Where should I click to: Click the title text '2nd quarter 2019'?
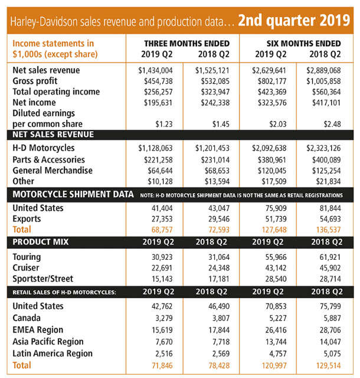point(294,21)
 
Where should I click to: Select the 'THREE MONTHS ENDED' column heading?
point(187,43)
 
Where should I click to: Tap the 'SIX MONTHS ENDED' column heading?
point(303,43)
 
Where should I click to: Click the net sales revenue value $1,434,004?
point(155,70)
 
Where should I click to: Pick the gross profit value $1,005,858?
point(323,82)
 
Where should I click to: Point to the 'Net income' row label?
point(34,102)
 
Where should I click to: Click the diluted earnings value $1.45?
point(221,124)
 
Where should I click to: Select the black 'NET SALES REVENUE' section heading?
point(53,135)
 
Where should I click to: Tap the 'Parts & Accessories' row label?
point(48,159)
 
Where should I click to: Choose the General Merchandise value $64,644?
point(161,171)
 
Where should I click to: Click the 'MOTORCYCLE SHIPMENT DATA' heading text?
point(73,194)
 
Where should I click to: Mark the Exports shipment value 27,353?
point(162,219)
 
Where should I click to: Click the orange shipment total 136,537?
point(329,230)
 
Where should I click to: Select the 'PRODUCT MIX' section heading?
point(41,242)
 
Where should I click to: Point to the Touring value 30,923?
point(162,258)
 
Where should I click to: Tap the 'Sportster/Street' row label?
point(42,279)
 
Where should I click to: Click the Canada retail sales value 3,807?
point(221,318)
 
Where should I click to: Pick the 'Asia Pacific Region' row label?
point(48,341)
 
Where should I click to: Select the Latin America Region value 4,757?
point(278,354)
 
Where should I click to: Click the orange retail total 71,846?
point(162,366)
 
